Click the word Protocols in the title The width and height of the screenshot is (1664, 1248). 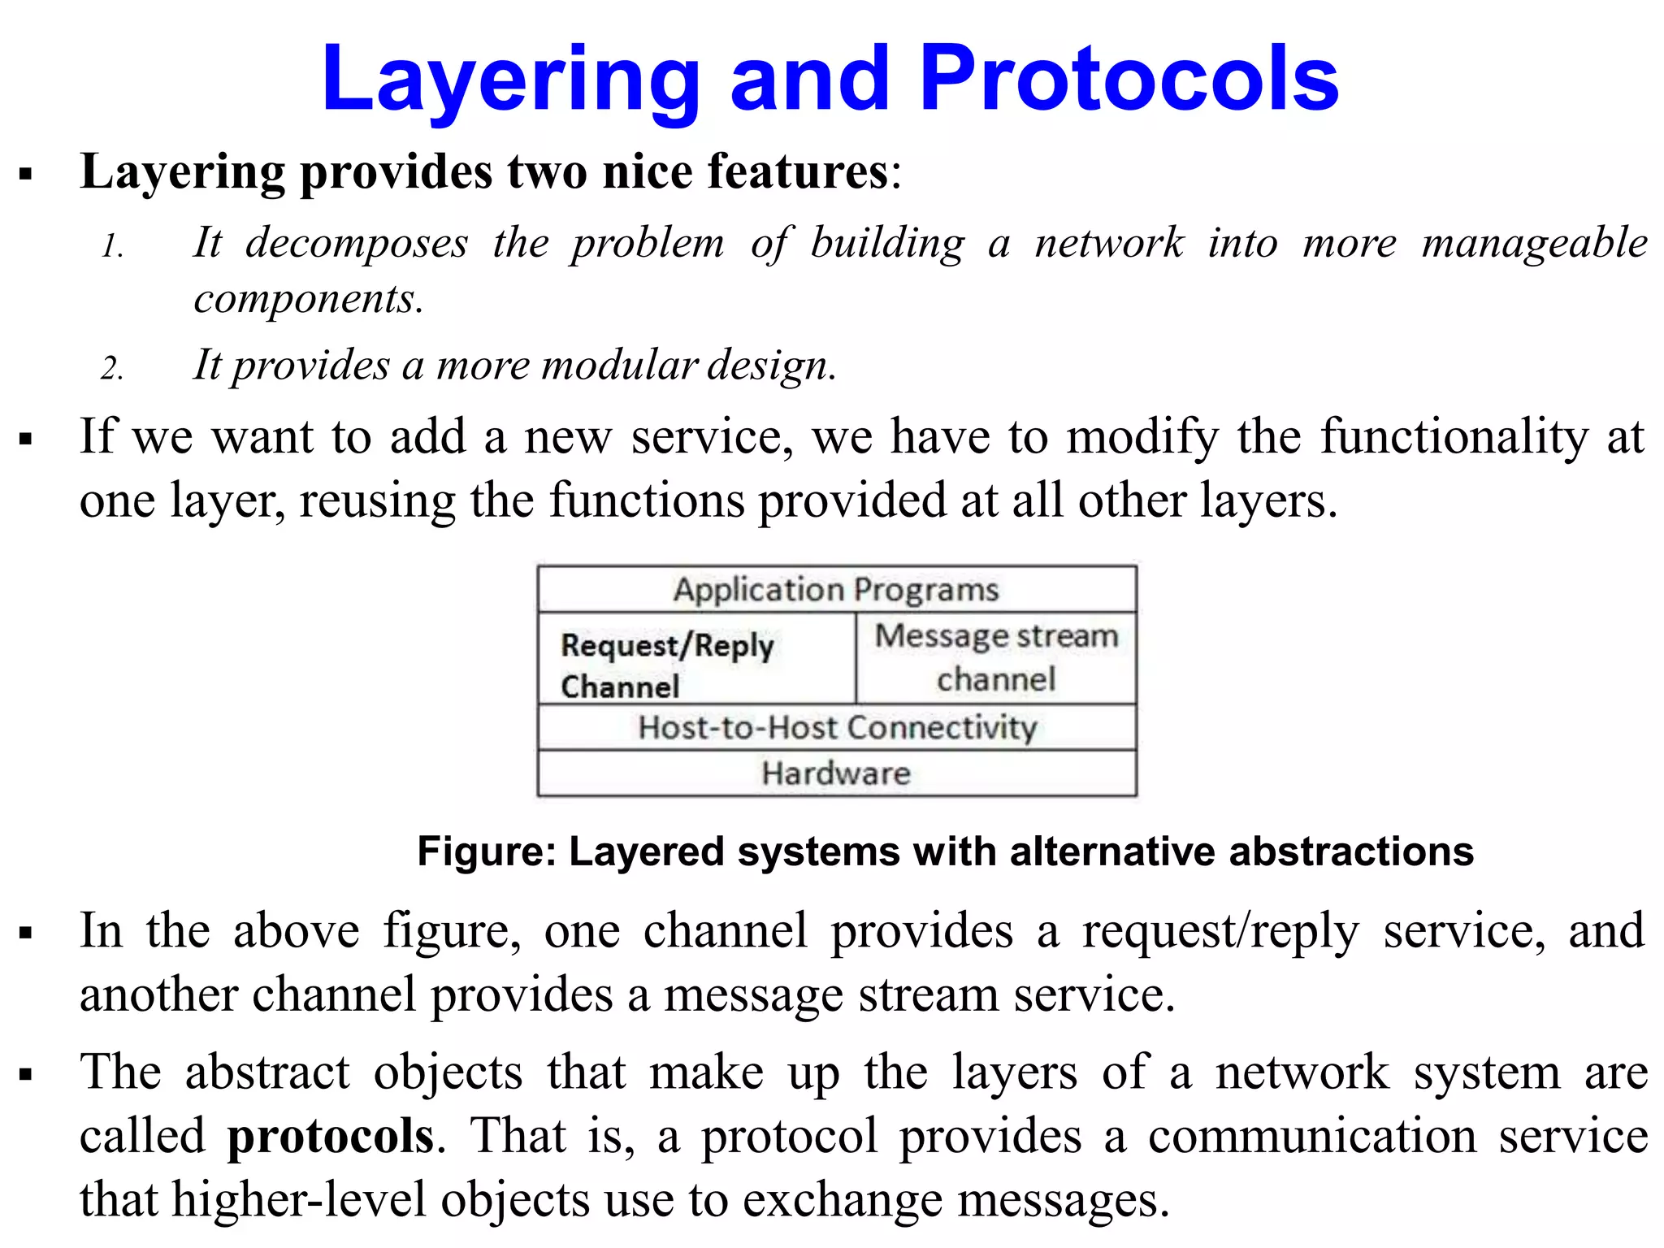(1129, 79)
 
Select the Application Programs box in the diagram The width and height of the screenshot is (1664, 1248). (836, 589)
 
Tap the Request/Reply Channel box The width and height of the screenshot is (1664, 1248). (696, 659)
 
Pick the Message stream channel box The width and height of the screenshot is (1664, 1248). (996, 657)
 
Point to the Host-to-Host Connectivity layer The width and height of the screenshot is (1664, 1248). (837, 727)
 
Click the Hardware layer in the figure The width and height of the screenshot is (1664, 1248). (836, 773)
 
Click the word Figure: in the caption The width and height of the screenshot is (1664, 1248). (486, 851)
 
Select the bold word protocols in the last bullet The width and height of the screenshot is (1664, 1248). (330, 1135)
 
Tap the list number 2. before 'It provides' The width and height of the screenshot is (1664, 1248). (112, 369)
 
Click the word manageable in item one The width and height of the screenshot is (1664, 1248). (1534, 244)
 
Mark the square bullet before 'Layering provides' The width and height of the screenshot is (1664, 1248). (26, 174)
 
